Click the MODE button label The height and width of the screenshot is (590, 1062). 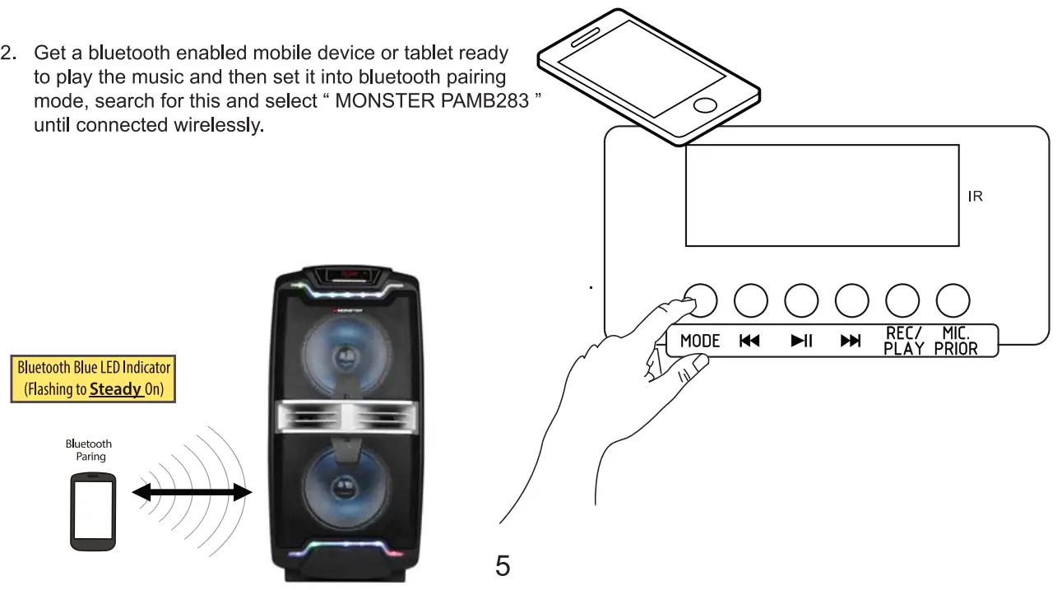click(700, 341)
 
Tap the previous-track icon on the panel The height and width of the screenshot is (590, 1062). click(749, 341)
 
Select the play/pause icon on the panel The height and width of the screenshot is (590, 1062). click(801, 341)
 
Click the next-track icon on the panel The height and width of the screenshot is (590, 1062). click(851, 341)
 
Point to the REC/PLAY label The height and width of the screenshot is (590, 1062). click(903, 340)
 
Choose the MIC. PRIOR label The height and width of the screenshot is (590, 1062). click(954, 340)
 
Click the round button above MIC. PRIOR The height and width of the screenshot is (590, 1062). click(953, 301)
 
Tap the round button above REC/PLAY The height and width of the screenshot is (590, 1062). click(902, 301)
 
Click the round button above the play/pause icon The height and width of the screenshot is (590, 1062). click(801, 301)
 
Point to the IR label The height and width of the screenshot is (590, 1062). click(976, 197)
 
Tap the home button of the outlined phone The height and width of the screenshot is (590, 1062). click(705, 105)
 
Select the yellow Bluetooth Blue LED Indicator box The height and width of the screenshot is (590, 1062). click(93, 379)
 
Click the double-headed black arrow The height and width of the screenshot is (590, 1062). click(192, 492)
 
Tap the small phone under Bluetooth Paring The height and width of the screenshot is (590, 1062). click(91, 510)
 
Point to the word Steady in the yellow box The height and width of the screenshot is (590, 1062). click(116, 389)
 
